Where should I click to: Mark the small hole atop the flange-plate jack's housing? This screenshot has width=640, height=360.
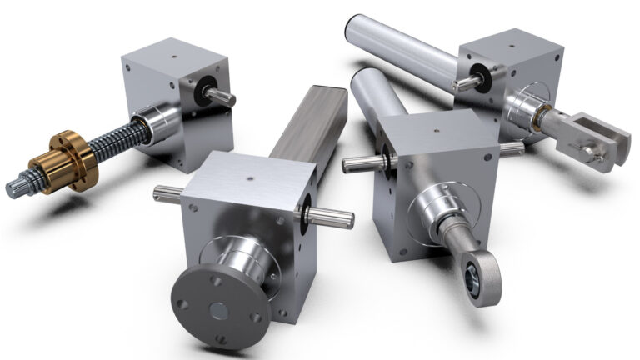tap(251, 177)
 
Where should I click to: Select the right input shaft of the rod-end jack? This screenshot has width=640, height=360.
tap(511, 148)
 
